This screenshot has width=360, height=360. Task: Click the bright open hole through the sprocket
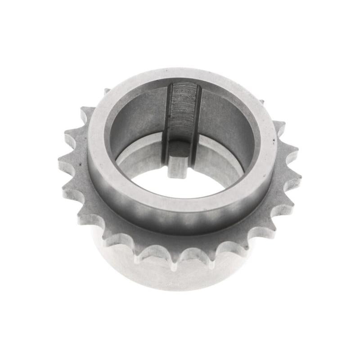point(180,184)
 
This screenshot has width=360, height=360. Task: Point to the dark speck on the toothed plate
point(81,165)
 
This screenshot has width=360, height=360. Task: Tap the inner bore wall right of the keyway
point(225,121)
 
